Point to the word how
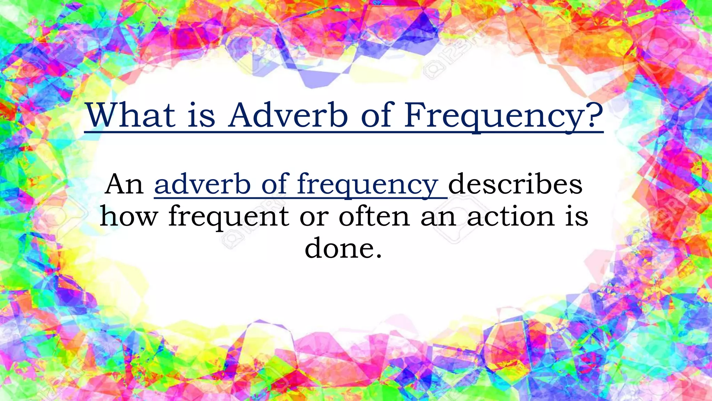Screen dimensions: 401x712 pyautogui.click(x=129, y=216)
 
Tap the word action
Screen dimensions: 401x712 pyautogui.click(x=511, y=216)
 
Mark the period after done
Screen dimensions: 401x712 pyautogui.click(x=379, y=256)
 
